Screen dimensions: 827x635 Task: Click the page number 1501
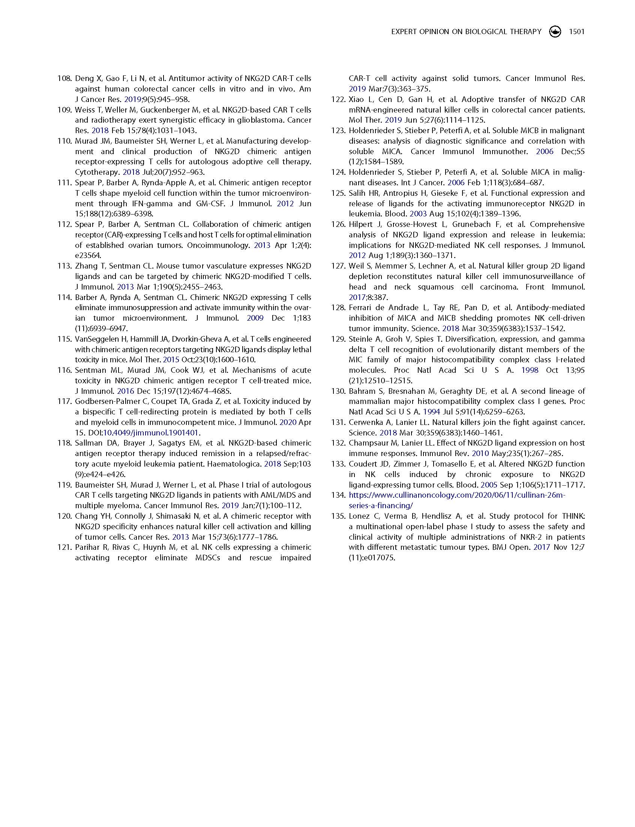pos(576,32)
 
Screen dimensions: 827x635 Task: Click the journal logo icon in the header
pos(555,32)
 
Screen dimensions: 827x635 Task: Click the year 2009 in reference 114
pos(255,318)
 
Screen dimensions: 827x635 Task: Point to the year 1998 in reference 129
pos(530,371)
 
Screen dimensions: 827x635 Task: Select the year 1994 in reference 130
pos(431,412)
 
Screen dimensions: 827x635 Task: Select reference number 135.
pos(338,516)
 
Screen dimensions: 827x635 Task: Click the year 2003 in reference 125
pos(418,214)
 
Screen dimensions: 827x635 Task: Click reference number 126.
pos(338,225)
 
